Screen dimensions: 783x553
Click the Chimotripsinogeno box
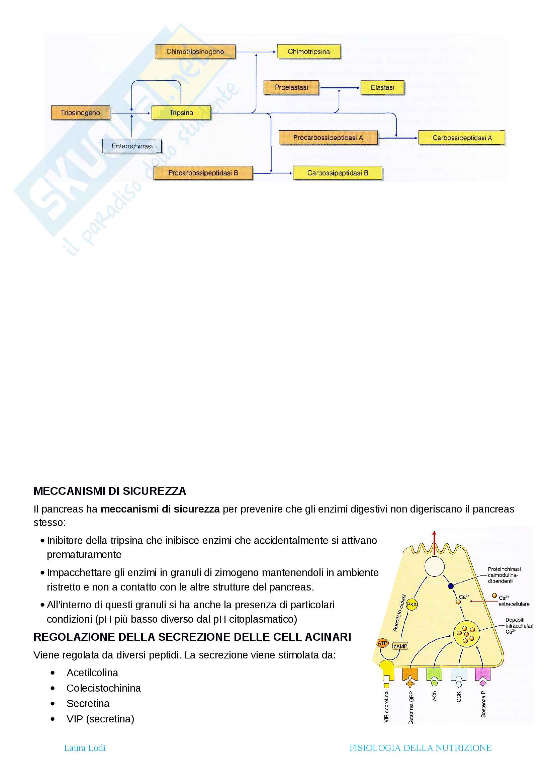click(195, 52)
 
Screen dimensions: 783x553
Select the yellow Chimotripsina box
click(309, 52)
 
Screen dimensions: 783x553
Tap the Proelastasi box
click(291, 88)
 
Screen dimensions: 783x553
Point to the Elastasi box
click(382, 88)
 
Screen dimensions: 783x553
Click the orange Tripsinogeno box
click(80, 113)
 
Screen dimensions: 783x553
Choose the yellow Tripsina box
click(181, 113)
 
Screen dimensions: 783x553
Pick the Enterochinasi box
click(132, 146)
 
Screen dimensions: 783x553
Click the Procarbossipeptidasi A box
click(328, 138)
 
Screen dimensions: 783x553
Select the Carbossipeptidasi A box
click(462, 138)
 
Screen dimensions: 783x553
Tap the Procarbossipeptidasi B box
click(203, 173)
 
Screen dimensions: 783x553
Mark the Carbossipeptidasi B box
click(337, 173)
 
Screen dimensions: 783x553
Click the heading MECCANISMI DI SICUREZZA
click(110, 491)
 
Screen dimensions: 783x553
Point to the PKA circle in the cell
click(411, 605)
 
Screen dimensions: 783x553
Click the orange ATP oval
click(383, 643)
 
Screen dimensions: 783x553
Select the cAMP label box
click(400, 646)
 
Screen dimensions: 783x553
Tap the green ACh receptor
click(434, 675)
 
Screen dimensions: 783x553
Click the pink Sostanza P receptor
click(482, 675)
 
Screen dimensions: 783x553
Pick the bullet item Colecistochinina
click(104, 688)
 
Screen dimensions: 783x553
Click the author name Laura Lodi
click(85, 748)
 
